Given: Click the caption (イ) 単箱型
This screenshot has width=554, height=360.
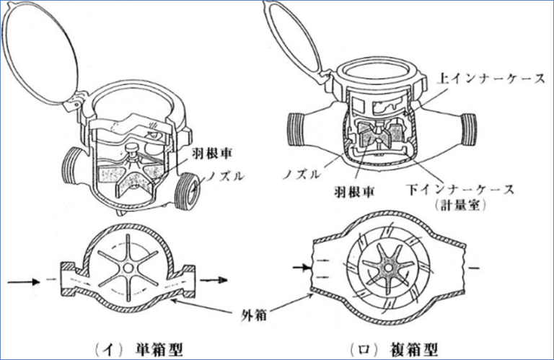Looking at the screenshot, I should [x=141, y=349].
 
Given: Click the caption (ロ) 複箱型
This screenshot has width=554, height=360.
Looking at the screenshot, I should [x=404, y=349].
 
